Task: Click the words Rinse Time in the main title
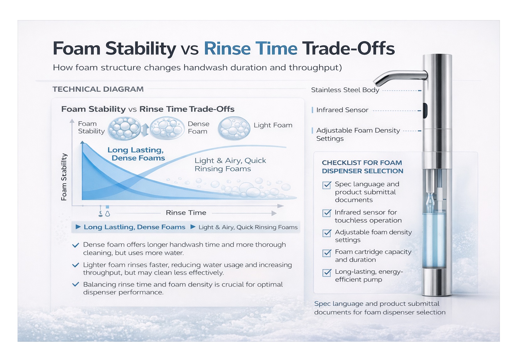tap(250, 49)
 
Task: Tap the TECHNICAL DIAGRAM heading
tap(98, 89)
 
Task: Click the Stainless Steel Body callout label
tap(345, 90)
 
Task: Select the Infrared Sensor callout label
tap(342, 110)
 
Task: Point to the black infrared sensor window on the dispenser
tap(425, 111)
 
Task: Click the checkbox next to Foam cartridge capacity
tap(327, 253)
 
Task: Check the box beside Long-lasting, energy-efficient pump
tap(327, 273)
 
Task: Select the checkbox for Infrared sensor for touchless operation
tap(327, 213)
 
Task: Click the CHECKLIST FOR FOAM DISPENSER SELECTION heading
tap(362, 167)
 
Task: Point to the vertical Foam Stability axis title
tap(64, 177)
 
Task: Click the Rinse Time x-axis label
tap(186, 213)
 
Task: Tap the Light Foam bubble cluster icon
tap(234, 128)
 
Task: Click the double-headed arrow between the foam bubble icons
tap(145, 130)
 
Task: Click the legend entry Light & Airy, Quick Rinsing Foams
tap(248, 227)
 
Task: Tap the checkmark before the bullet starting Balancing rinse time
tap(75, 285)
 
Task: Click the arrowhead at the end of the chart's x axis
tap(280, 206)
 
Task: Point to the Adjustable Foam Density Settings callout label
tap(358, 134)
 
